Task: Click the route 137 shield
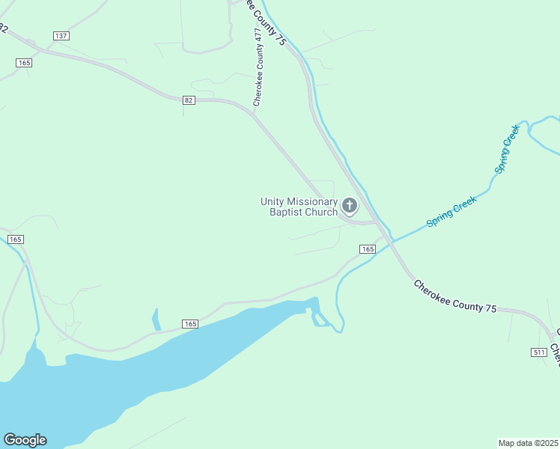coord(61,36)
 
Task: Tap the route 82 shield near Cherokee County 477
coord(189,100)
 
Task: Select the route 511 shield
coord(539,352)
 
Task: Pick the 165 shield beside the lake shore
coord(190,324)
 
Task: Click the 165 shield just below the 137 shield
coord(25,63)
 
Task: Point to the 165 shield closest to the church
coord(367,248)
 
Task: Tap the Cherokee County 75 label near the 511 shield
coord(454,297)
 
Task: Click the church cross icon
coord(349,205)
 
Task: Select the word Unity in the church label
coord(273,201)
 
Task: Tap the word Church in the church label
coord(322,212)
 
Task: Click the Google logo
coord(25,440)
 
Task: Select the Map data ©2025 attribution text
coord(528,442)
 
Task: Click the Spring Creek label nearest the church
coord(451,212)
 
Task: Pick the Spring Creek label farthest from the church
coord(507,149)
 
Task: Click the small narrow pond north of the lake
coord(156,320)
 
